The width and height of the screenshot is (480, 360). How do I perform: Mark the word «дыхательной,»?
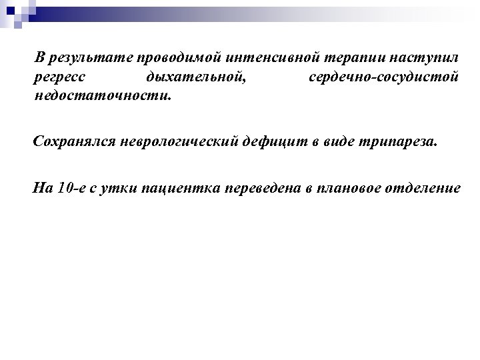click(x=195, y=78)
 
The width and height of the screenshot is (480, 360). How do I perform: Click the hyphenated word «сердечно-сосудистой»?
click(x=383, y=78)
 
